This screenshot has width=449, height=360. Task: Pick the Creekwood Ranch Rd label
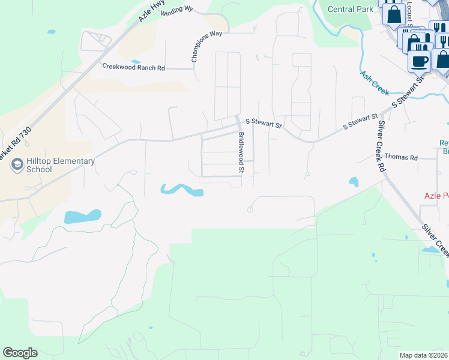(133, 67)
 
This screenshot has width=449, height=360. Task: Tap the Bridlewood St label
(241, 153)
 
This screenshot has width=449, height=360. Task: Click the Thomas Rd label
(401, 157)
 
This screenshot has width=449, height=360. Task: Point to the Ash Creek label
(375, 83)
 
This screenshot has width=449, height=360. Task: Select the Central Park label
(351, 9)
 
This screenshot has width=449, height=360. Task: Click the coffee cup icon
(419, 61)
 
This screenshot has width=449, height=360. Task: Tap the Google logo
(20, 353)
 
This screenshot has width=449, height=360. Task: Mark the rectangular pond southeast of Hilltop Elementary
(82, 217)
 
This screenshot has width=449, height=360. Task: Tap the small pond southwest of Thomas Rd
(354, 181)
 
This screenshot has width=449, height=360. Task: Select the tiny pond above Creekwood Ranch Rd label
(136, 61)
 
